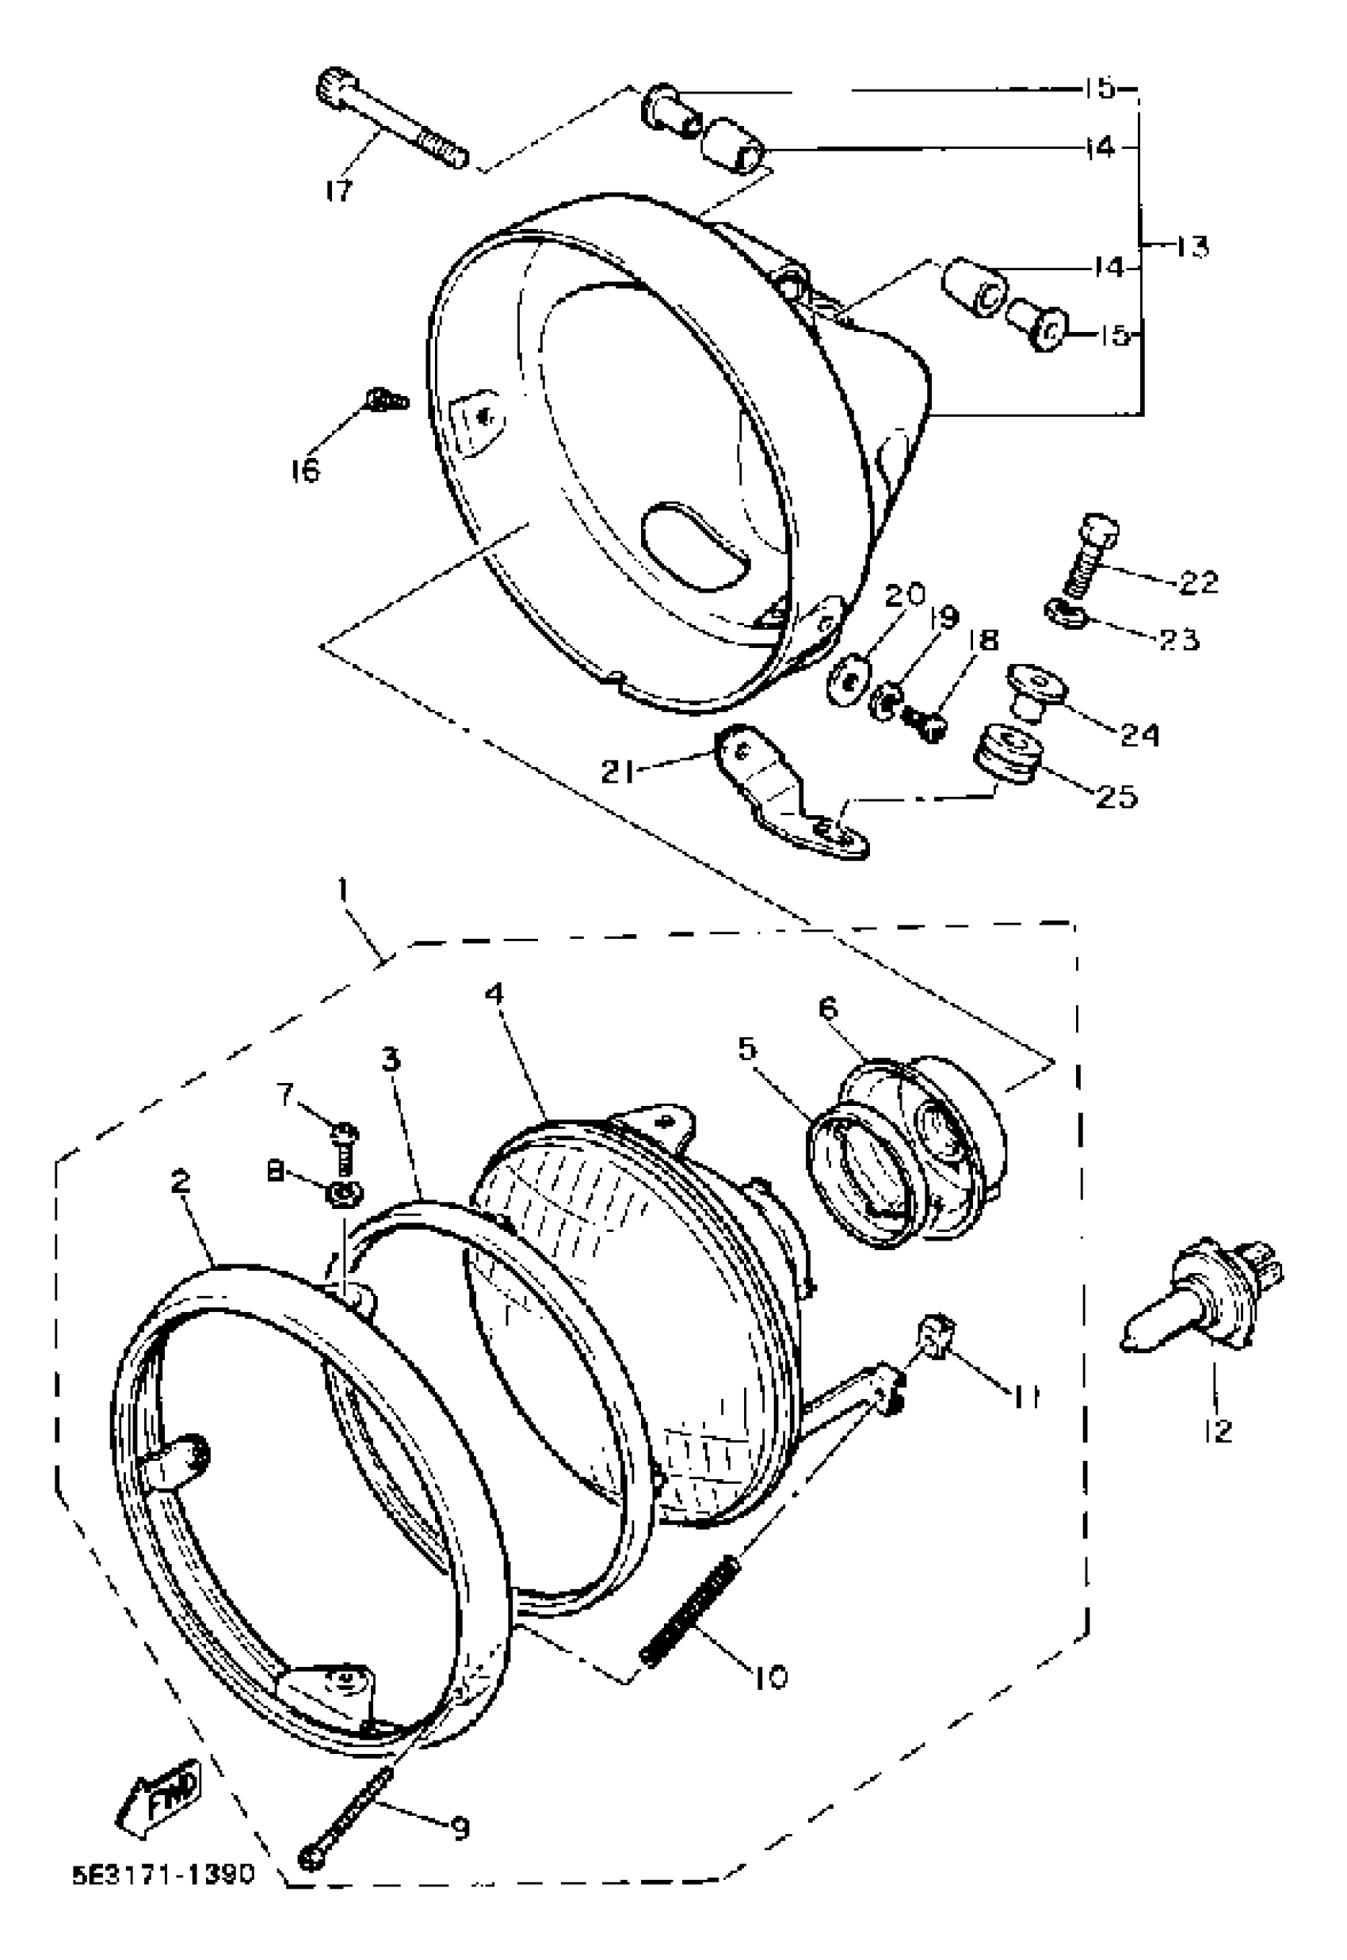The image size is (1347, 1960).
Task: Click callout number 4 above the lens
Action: click(494, 993)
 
